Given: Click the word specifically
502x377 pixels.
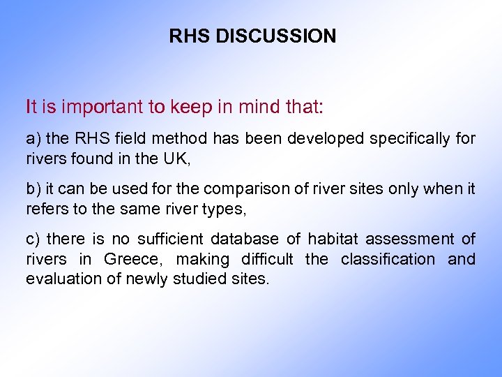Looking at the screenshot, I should pyautogui.click(x=410, y=139).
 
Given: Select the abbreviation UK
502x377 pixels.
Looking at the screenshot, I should pyautogui.click(x=177, y=158).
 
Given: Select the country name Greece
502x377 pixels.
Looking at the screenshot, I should pyautogui.click(x=131, y=259).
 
